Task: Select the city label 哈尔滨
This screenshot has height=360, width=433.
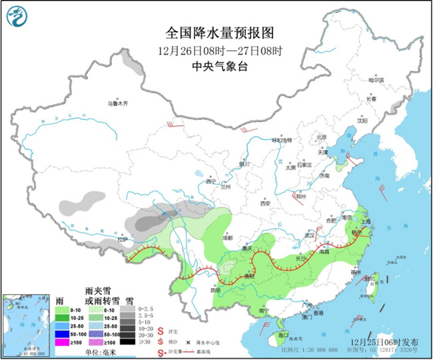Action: (x=376, y=79)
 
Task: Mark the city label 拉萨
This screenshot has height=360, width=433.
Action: (x=121, y=239)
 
